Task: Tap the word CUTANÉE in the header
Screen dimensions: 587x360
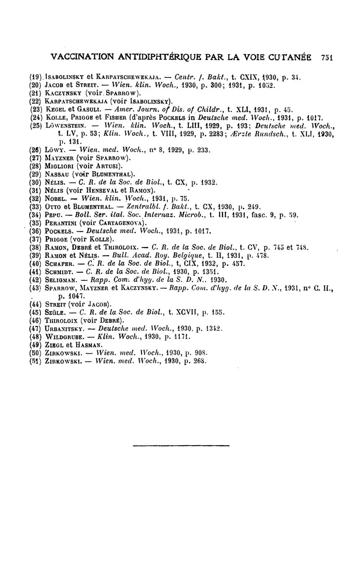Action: [294, 57]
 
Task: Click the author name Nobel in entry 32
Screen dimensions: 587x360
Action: [56, 198]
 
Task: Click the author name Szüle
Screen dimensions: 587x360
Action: [56, 311]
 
